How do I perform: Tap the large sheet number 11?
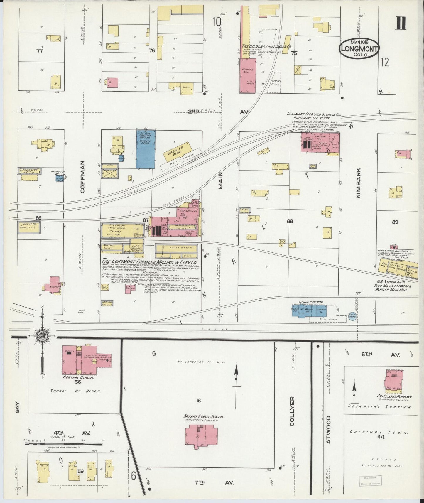tap(401, 23)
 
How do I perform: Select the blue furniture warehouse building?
tap(146, 149)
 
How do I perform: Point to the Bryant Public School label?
tap(203, 416)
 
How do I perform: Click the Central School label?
tap(78, 377)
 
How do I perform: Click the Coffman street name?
tap(82, 177)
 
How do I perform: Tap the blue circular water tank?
tap(352, 316)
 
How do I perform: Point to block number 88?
tap(290, 221)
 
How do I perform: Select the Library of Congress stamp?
tap(371, 480)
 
